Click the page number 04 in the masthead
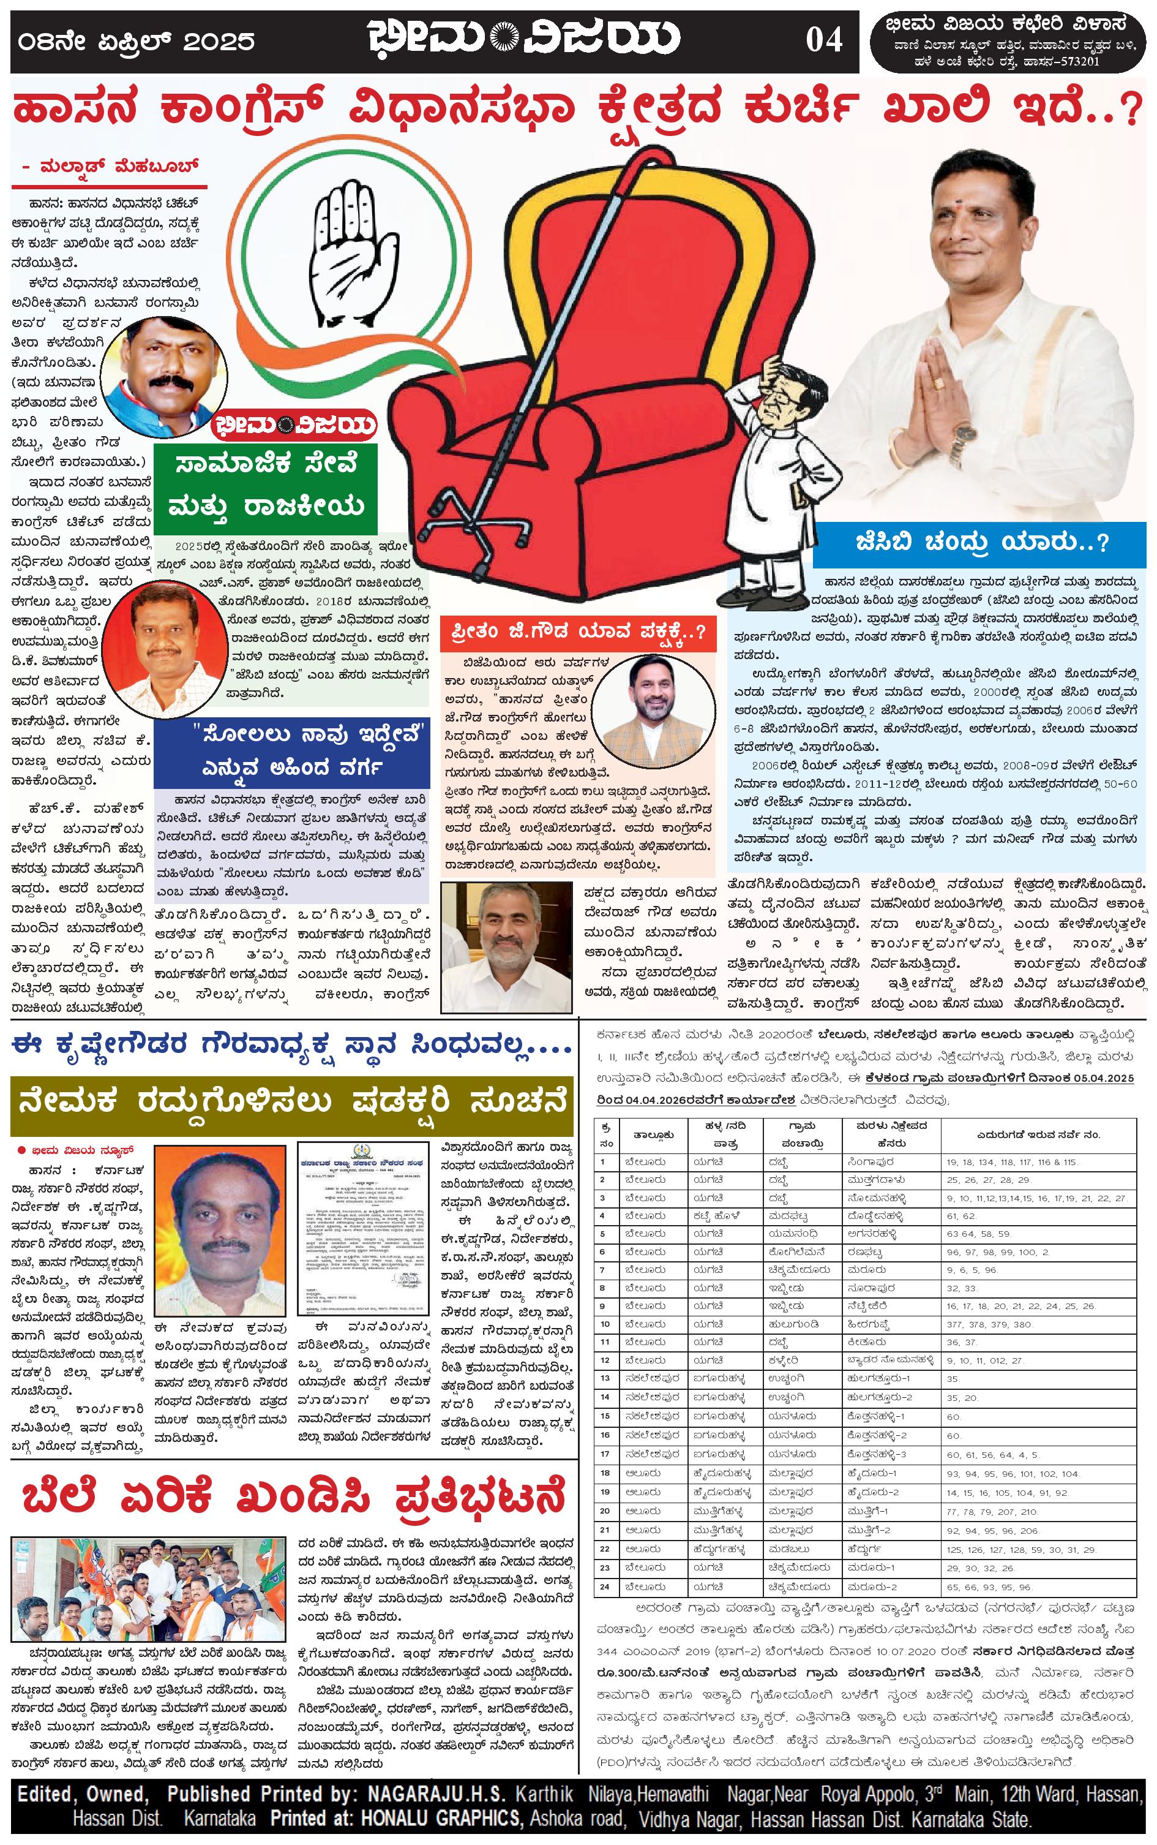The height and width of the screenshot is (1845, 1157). pyautogui.click(x=823, y=40)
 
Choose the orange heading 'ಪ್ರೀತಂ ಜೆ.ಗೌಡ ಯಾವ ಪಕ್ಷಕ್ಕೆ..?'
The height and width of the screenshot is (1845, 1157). pyautogui.click(x=578, y=632)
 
